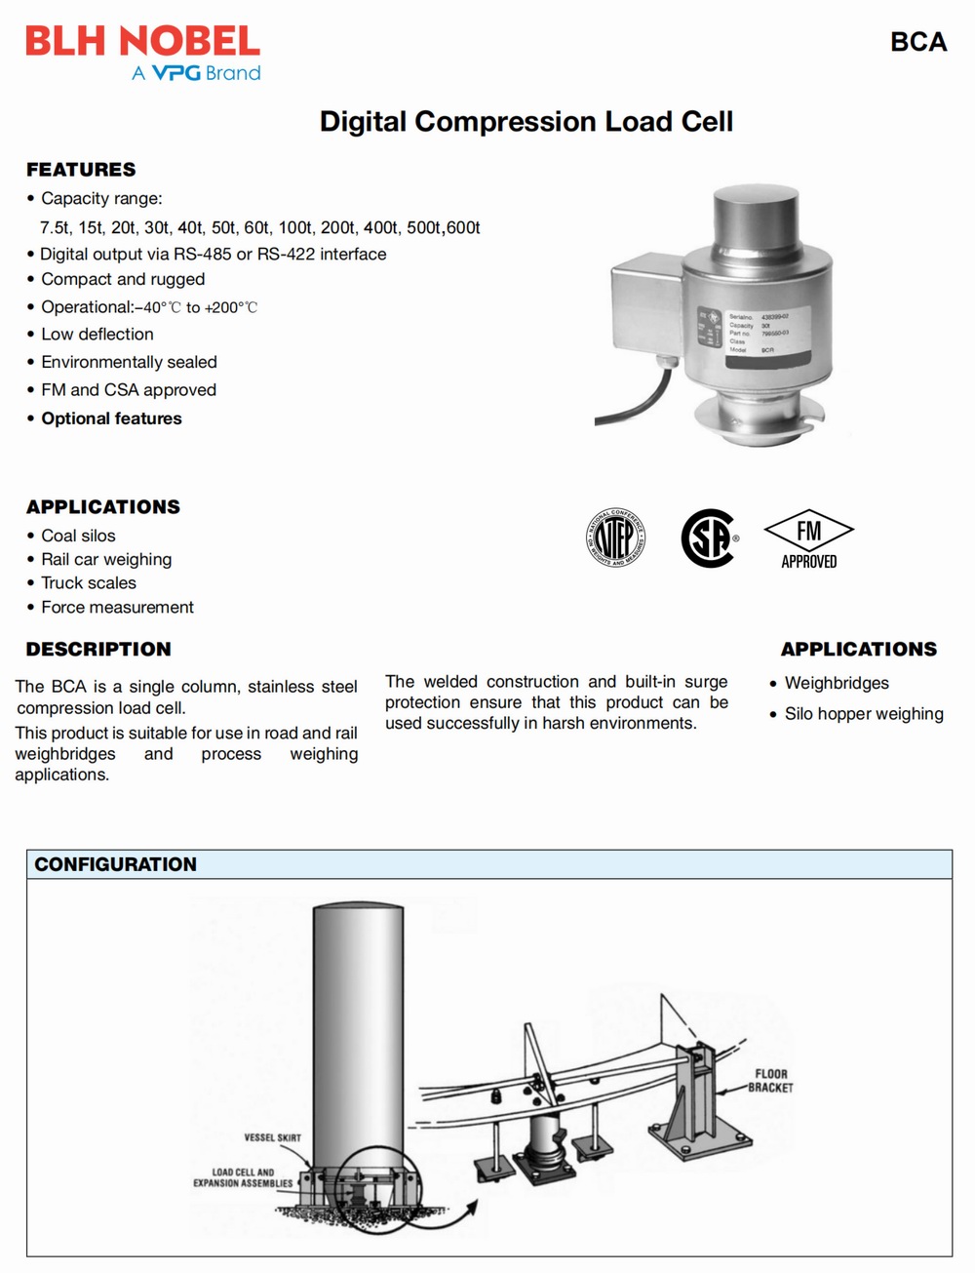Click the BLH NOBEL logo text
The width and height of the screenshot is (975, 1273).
142,41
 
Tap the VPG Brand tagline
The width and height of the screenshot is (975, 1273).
196,73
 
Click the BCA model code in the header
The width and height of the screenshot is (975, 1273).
917,42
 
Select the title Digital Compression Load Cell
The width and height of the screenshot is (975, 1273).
526,122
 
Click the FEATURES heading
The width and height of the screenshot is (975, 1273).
81,170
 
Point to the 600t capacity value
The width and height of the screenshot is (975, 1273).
463,227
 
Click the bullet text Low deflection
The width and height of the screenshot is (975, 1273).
97,334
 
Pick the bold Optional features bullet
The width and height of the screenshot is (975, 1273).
111,418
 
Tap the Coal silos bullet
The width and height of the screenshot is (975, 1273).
78,536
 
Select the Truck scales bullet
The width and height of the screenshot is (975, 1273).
89,582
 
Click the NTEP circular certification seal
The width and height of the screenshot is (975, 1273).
615,537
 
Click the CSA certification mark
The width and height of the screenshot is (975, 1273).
708,537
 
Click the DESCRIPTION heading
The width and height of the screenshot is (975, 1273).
98,649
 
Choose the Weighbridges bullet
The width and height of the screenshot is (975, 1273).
837,683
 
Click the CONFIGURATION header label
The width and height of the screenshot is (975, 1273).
115,864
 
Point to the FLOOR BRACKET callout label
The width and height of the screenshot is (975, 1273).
770,1081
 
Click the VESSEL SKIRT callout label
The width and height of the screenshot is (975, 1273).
272,1137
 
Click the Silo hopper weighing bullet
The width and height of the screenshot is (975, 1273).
864,713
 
